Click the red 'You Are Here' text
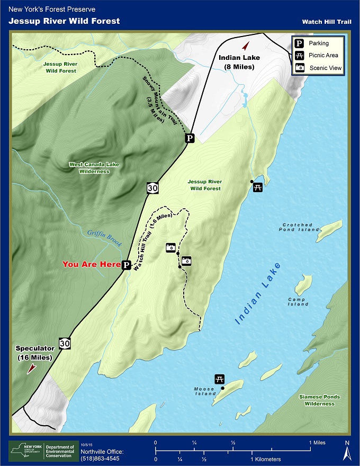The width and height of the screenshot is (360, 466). coord(92,264)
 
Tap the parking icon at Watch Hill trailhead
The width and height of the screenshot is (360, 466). coord(127,265)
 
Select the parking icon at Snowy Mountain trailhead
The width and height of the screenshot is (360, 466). coord(190,138)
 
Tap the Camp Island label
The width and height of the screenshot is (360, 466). coord(298,302)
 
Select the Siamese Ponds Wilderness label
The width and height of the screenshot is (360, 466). coord(319,400)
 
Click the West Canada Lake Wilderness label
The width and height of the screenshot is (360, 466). coord(94,168)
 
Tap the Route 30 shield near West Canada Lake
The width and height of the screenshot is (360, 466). coord(152,187)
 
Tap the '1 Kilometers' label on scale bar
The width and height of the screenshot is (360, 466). coord(266,459)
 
